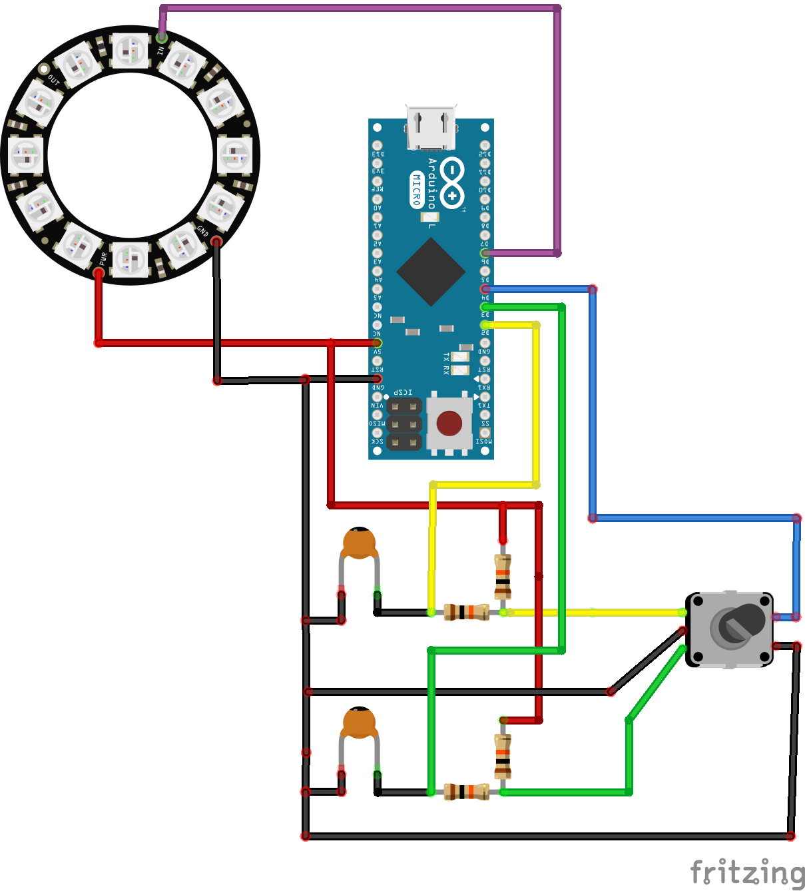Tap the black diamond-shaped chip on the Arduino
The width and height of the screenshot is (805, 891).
click(x=431, y=272)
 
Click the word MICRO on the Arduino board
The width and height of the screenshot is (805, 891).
click(x=417, y=190)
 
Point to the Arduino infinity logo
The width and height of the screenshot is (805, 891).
click(x=452, y=183)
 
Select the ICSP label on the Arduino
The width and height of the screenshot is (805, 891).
click(x=403, y=392)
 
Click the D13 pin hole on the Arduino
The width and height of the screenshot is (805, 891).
click(x=378, y=145)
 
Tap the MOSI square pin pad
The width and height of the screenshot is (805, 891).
click(x=485, y=433)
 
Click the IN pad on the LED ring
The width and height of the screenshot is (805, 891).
click(x=161, y=37)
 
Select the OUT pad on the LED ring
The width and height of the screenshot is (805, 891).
click(x=44, y=69)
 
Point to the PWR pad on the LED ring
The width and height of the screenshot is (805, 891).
click(x=99, y=273)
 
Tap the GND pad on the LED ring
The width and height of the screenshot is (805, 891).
click(x=216, y=241)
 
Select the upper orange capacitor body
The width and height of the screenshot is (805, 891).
click(x=360, y=542)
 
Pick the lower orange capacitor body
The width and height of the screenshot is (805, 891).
click(x=359, y=723)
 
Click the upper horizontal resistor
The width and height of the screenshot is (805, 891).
click(x=467, y=612)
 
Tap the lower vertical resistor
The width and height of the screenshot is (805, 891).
click(x=503, y=756)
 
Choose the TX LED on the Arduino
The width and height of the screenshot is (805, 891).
click(x=460, y=357)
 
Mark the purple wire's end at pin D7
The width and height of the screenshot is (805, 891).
click(x=485, y=253)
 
